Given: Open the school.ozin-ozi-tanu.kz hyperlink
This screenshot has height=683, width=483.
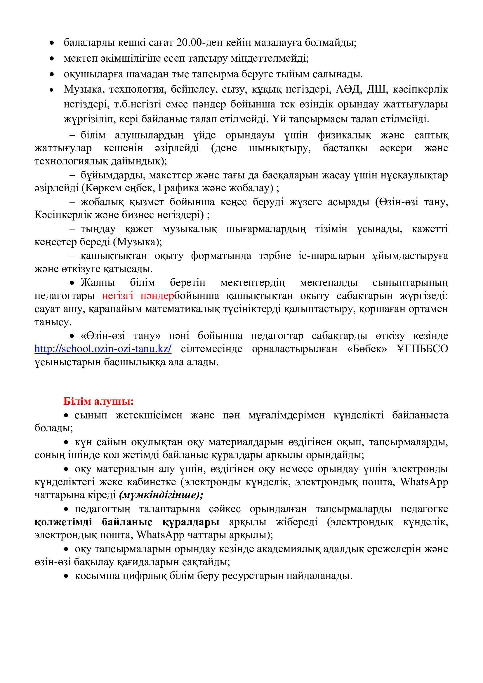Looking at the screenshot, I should pyautogui.click(x=103, y=349).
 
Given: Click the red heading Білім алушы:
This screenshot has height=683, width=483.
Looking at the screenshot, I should pyautogui.click(x=98, y=401).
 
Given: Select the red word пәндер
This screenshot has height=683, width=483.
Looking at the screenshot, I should pyautogui.click(x=157, y=296).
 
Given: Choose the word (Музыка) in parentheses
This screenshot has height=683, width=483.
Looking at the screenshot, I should pyautogui.click(x=138, y=242).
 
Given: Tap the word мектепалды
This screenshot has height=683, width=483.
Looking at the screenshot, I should pyautogui.click(x=329, y=283).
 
